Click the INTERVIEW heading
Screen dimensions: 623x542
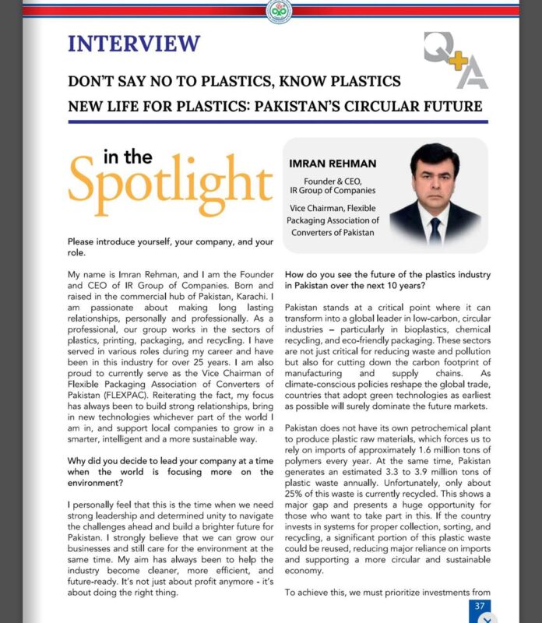point(134,44)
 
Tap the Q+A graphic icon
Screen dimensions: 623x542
point(456,60)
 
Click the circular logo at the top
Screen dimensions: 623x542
point(278,11)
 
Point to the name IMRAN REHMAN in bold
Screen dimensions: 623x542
point(333,164)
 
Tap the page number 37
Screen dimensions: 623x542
point(479,605)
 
